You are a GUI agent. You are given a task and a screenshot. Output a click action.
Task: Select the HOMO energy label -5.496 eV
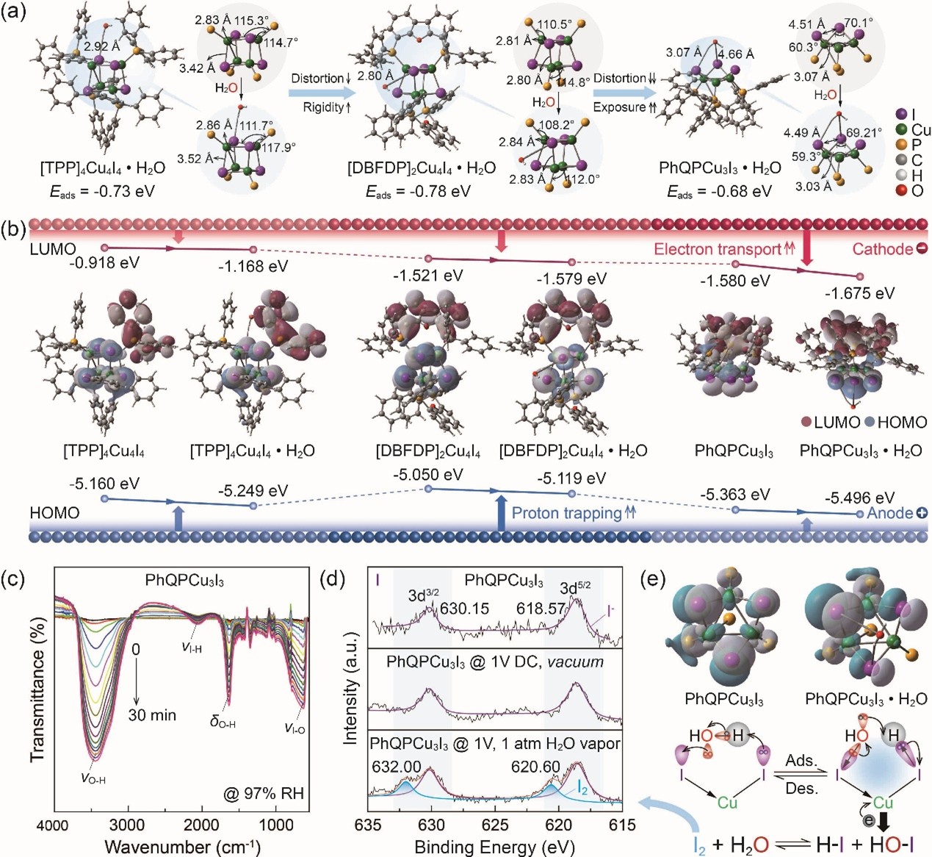point(859,498)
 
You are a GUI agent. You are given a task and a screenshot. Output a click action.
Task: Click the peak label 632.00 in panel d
point(397,767)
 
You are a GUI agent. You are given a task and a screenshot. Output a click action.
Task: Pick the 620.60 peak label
point(536,767)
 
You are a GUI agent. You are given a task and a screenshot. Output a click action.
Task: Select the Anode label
point(889,512)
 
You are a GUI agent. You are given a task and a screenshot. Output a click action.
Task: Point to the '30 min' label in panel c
point(152,714)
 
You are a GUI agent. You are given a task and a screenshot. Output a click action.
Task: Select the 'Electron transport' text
point(717,249)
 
